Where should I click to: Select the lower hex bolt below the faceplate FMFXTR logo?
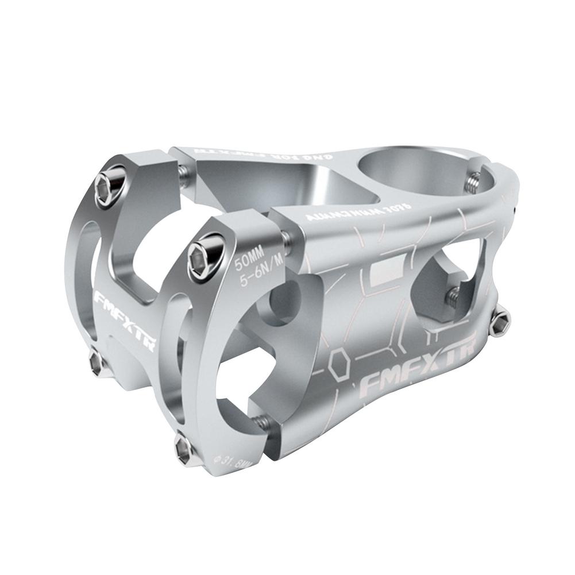pos(97,361)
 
